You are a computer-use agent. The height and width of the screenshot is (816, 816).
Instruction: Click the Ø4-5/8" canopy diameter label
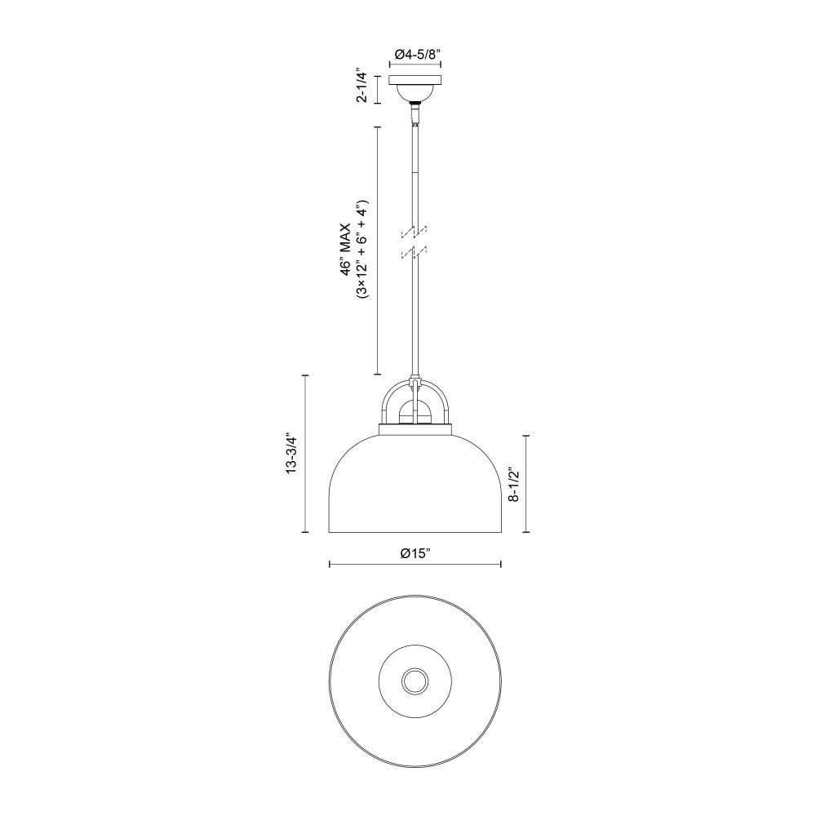(x=415, y=53)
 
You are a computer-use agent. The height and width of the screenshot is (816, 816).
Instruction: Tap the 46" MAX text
(x=345, y=248)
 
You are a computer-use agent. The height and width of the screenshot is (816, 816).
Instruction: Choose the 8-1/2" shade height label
(x=514, y=484)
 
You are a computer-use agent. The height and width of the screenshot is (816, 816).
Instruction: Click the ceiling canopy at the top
(x=415, y=88)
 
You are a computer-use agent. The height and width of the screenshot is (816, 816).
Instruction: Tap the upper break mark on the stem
(x=415, y=232)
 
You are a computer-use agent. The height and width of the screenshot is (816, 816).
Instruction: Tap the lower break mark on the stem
(x=415, y=252)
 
